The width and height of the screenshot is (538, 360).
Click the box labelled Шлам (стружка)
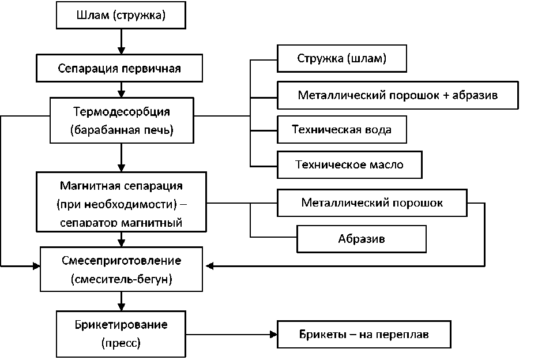tap(121, 16)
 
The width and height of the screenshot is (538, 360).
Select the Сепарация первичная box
tap(120, 68)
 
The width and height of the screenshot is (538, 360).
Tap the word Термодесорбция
tap(122, 111)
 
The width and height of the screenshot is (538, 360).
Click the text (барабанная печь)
tap(122, 130)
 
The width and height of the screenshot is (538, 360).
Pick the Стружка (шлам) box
tap(342, 59)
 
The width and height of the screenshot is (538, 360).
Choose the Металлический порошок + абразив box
tap(398, 95)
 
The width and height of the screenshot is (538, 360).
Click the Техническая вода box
tap(342, 130)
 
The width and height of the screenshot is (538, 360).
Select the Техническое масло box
tap(349, 164)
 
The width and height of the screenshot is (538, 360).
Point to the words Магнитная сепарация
tap(121, 186)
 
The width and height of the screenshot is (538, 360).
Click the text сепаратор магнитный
tap(121, 222)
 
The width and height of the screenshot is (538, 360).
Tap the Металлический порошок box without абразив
tap(372, 203)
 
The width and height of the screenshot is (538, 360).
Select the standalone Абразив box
tap(362, 238)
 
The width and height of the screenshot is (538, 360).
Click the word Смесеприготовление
tap(121, 261)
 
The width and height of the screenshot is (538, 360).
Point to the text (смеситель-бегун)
tap(121, 280)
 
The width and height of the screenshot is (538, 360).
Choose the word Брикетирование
tap(121, 324)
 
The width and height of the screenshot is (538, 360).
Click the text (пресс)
tap(121, 343)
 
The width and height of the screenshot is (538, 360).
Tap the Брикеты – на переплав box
tap(364, 334)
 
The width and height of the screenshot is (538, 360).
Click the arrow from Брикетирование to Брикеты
tap(231, 334)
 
